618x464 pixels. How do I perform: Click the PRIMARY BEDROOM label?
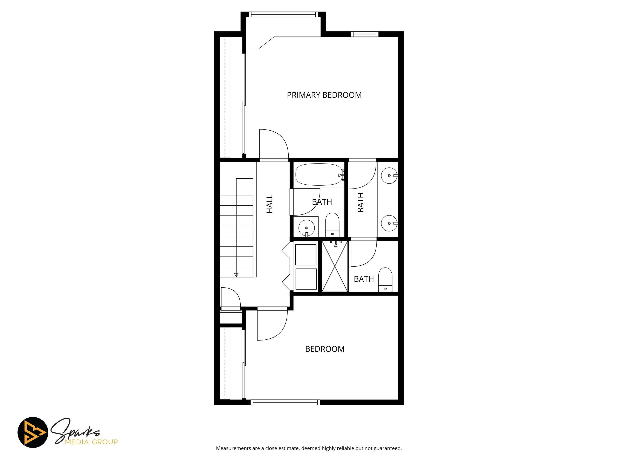324,95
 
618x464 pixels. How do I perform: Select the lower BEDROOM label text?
325,349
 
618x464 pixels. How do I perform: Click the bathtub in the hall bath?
318,174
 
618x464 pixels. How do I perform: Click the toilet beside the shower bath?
385,280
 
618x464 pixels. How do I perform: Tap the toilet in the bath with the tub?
332,225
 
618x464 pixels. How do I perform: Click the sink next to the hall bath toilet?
307,228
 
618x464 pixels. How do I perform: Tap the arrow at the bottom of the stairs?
236,275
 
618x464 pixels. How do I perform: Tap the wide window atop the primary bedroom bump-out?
283,14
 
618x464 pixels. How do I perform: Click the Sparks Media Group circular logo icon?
33,432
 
